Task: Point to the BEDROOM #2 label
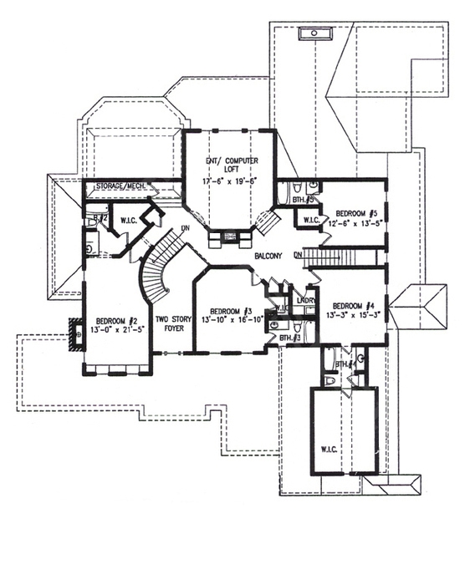click(x=116, y=321)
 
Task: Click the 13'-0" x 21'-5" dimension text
click(x=116, y=330)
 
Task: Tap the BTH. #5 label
click(x=302, y=201)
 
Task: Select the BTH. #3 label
click(x=290, y=338)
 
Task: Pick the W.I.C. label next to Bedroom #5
click(x=310, y=221)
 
